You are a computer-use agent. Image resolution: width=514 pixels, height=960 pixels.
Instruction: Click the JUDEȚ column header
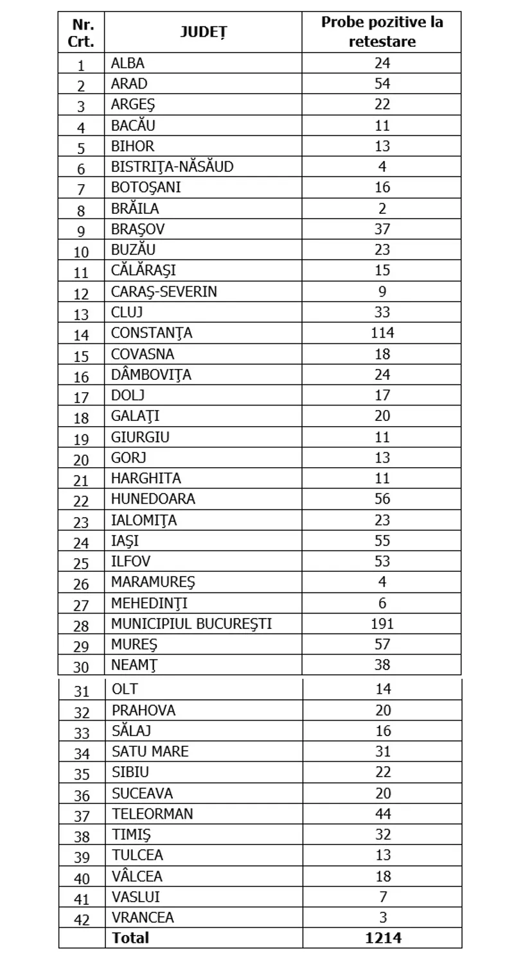(x=203, y=32)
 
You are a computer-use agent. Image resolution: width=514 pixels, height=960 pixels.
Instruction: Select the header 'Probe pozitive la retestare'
(x=382, y=32)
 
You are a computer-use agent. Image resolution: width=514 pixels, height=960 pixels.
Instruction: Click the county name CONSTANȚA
(x=152, y=333)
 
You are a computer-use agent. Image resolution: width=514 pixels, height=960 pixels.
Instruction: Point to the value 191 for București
(x=382, y=623)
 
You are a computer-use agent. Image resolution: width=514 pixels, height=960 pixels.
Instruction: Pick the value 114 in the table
(x=382, y=333)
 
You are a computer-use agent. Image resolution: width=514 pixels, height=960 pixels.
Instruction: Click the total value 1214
(x=382, y=938)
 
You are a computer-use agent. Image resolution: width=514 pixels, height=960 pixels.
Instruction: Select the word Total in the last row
(x=130, y=938)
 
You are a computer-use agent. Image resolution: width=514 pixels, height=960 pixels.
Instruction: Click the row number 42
(x=81, y=919)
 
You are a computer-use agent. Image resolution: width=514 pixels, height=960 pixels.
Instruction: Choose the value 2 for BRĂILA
(x=382, y=209)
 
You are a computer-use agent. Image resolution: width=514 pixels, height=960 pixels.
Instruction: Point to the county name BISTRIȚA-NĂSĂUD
(x=172, y=167)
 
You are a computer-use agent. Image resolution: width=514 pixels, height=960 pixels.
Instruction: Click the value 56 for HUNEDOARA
(x=382, y=499)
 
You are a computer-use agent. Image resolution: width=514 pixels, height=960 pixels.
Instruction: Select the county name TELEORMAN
(x=152, y=814)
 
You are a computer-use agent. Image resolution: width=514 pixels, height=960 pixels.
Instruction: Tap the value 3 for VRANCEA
(x=382, y=918)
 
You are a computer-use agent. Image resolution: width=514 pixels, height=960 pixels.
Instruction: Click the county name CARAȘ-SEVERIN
(x=164, y=291)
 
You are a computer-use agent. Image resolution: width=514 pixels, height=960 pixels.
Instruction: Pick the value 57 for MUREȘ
(x=382, y=644)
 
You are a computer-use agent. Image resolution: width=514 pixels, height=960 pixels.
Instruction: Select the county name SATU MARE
(x=150, y=751)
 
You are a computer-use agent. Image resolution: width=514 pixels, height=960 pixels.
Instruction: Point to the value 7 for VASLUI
(x=382, y=896)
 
